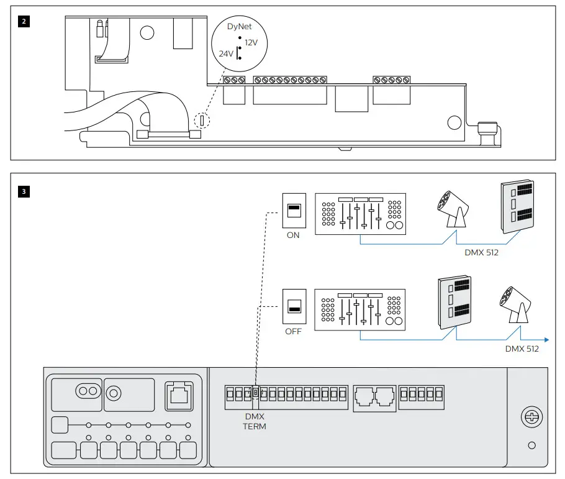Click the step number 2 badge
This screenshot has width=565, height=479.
pyautogui.click(x=24, y=20)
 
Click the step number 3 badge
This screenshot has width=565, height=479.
pyautogui.click(x=24, y=191)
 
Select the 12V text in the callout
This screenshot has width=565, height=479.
pyautogui.click(x=251, y=43)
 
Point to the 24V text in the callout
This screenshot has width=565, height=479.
pyautogui.click(x=226, y=54)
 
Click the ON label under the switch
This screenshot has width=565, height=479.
pyautogui.click(x=293, y=235)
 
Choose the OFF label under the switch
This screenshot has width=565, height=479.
pyautogui.click(x=293, y=331)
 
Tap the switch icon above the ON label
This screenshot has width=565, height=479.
pyautogui.click(x=293, y=209)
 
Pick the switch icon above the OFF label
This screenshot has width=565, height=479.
pyautogui.click(x=293, y=304)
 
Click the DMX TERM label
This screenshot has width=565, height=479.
pyautogui.click(x=254, y=422)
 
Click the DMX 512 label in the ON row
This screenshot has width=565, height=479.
pyautogui.click(x=482, y=253)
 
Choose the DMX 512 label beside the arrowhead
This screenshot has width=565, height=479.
pyautogui.click(x=522, y=349)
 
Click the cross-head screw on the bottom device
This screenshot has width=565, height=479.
pyautogui.click(x=531, y=417)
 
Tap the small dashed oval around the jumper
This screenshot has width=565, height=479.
pyautogui.click(x=202, y=120)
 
